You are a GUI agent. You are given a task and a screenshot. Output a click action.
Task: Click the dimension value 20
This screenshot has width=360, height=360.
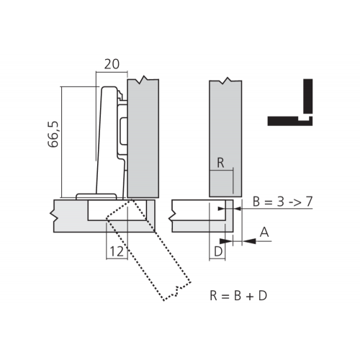coord(112,64)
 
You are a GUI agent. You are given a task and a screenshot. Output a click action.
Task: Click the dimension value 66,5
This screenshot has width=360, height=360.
coord(53,134)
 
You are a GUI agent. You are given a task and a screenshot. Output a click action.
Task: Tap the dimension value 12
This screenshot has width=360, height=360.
coord(117,251)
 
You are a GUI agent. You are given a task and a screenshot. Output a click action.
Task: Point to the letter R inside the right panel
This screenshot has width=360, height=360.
coord(220,163)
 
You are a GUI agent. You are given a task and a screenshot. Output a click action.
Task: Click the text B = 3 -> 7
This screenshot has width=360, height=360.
coord(283,202)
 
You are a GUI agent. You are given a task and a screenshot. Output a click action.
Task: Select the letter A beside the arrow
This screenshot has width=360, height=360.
coord(264,232)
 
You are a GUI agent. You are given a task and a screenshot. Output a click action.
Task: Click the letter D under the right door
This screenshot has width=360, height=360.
coord(218,252)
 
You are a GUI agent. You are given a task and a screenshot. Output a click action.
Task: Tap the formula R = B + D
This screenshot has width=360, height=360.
coord(238,295)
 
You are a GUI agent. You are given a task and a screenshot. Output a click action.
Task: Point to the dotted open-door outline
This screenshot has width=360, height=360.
coord(149,250)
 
